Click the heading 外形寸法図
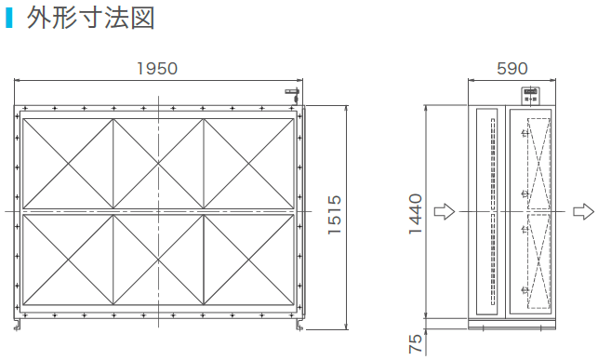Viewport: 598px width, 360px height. [x=90, y=19]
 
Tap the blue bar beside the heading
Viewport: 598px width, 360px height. [x=9, y=18]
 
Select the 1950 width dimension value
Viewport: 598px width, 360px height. [x=157, y=69]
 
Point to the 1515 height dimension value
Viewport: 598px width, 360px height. [x=335, y=215]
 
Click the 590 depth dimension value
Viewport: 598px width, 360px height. [x=512, y=69]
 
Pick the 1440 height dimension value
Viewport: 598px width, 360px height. [x=416, y=214]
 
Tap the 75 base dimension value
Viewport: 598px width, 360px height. [x=416, y=343]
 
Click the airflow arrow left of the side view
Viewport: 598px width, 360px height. [x=445, y=212]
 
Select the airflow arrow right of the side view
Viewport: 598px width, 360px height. [x=583, y=212]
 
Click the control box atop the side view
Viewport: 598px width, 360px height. [x=531, y=96]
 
